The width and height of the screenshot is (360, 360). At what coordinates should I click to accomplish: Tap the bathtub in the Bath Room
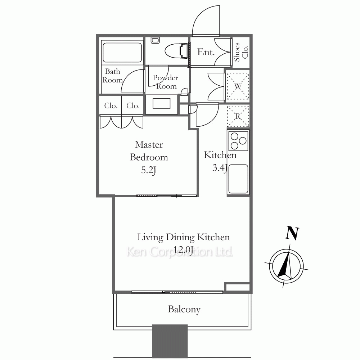pyautogui.click(x=122, y=52)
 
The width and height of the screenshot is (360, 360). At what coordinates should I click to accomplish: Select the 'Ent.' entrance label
pyautogui.click(x=206, y=52)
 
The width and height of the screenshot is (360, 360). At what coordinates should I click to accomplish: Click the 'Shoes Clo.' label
pyautogui.click(x=241, y=52)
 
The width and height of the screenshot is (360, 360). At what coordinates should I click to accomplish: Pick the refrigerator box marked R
pyautogui.click(x=238, y=116)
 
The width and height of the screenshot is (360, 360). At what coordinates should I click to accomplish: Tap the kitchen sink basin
pyautogui.click(x=238, y=179)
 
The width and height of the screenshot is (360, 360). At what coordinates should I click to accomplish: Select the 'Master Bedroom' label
pyautogui.click(x=149, y=151)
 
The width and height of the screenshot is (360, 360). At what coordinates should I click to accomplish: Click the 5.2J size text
pyautogui.click(x=149, y=170)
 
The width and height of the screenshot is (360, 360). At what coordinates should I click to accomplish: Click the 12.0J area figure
pyautogui.click(x=183, y=249)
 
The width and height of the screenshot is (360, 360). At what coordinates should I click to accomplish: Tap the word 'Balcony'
pyautogui.click(x=184, y=309)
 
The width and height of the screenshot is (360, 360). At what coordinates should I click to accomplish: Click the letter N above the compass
pyautogui.click(x=292, y=234)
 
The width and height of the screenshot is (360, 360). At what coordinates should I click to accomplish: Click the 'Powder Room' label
pyautogui.click(x=165, y=82)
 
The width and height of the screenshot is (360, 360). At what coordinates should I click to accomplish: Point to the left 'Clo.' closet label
pyautogui.click(x=111, y=105)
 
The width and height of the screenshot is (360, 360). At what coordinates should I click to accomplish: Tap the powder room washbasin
pyautogui.click(x=162, y=104)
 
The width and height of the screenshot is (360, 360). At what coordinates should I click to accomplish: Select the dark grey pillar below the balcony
pyautogui.click(x=170, y=341)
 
